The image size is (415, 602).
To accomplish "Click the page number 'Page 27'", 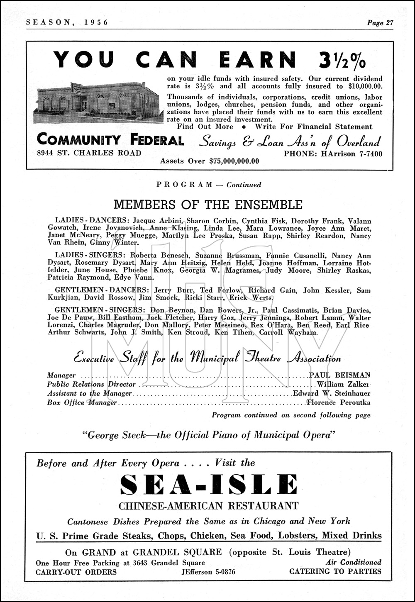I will pyautogui.click(x=380, y=23).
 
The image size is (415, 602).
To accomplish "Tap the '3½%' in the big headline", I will pyautogui.click(x=342, y=60).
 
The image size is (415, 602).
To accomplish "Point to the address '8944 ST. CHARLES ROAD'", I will pyautogui.click(x=89, y=153).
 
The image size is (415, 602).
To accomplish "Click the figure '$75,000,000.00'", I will pyautogui.click(x=234, y=161).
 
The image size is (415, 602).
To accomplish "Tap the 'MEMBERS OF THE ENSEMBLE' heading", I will pyautogui.click(x=208, y=205).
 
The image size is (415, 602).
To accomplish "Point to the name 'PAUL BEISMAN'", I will pyautogui.click(x=340, y=375).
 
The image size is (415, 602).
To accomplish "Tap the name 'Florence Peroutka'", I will pyautogui.click(x=338, y=402).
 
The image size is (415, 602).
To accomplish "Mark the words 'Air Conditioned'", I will pyautogui.click(x=354, y=563).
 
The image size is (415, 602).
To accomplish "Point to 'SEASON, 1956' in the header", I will pyautogui.click(x=67, y=23).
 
